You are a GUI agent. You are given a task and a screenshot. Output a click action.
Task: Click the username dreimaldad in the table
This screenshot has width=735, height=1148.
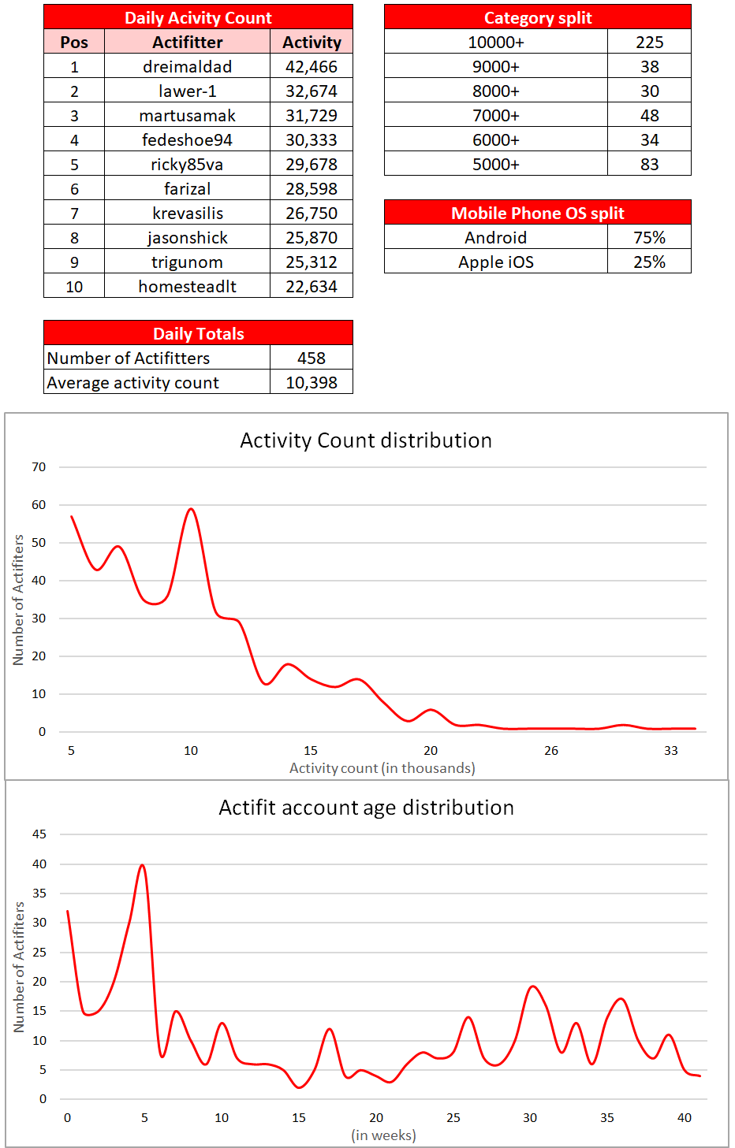[x=187, y=67]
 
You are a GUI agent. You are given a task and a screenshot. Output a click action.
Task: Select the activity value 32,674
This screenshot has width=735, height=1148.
[x=311, y=91]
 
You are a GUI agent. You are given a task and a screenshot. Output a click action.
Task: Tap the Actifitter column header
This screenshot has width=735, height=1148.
[x=187, y=43]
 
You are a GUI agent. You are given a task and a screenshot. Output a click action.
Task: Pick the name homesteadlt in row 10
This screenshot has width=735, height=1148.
[x=187, y=287]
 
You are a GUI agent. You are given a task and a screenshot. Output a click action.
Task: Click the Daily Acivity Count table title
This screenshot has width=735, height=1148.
[x=198, y=18]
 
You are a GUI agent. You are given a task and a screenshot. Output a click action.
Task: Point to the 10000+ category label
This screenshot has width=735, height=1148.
[x=495, y=43]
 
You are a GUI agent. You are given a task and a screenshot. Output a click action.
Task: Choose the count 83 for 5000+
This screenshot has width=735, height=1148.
[x=649, y=165]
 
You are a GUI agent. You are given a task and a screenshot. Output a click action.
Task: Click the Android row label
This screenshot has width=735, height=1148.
[x=495, y=238]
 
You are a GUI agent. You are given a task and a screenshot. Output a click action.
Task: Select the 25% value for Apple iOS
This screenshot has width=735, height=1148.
[x=649, y=262]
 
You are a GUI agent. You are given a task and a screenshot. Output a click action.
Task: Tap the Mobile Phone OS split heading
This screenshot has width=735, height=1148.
[x=537, y=214]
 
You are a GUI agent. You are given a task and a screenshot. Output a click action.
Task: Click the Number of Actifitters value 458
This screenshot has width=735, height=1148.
[x=311, y=359]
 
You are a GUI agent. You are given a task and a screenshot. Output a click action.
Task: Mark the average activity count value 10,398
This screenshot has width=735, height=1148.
[x=311, y=383]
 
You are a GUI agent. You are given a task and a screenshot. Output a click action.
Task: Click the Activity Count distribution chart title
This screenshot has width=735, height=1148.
[x=366, y=440]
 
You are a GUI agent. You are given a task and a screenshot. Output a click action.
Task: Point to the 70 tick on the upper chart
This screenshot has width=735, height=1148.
[x=39, y=467]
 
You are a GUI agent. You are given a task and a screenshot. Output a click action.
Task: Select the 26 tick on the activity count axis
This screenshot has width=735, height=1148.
[x=551, y=751]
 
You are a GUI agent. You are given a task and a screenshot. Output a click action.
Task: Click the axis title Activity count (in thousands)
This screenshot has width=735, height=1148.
[x=382, y=768]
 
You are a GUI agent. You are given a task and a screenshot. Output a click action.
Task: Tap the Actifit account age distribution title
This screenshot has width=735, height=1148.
[x=366, y=808]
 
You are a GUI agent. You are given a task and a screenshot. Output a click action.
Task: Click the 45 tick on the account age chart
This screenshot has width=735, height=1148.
[x=39, y=834]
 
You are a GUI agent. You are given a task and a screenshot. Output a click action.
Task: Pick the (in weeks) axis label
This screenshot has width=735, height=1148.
[x=383, y=1135]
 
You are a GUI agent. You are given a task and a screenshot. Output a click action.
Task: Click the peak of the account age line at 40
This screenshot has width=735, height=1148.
[x=142, y=865]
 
